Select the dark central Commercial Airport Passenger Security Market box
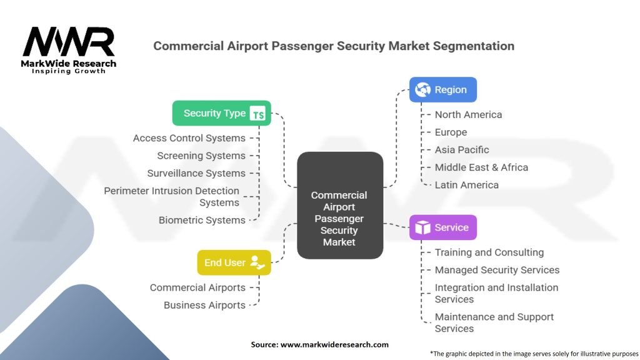coord(339,206)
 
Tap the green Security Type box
coord(221,113)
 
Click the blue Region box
coord(442,89)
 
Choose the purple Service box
coord(442,227)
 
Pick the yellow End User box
coord(234,262)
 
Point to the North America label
coord(468,114)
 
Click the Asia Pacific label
coord(462,149)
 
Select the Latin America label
coord(466,185)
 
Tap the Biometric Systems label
coord(202,220)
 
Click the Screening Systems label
coord(201,156)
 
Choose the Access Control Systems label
coord(189,138)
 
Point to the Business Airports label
coord(204,305)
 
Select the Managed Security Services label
coord(497,270)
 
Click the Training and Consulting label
coord(489,252)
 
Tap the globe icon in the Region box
coord(423,90)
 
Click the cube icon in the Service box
coord(423,228)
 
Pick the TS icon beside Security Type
coord(257,114)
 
